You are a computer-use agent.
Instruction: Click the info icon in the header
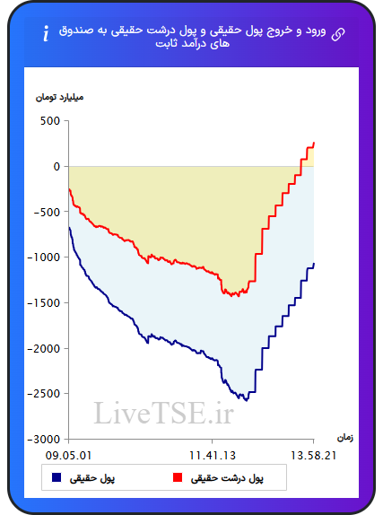tap(46, 33)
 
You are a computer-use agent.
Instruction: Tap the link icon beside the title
tap(338, 34)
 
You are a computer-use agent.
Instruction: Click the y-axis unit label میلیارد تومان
tap(59, 98)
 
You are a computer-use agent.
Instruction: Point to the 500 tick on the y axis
tap(50, 121)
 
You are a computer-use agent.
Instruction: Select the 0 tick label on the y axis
tap(57, 167)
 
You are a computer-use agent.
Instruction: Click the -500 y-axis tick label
tap(47, 212)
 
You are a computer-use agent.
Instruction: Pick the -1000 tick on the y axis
tap(44, 257)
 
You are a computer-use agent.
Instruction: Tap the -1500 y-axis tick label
tap(44, 303)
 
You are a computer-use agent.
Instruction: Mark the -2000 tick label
tap(44, 348)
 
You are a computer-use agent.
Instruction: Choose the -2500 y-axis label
tap(44, 394)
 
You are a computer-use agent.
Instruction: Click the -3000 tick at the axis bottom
tap(44, 439)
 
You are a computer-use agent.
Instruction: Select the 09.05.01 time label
tap(68, 456)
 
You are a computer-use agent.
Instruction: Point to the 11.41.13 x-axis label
tap(213, 456)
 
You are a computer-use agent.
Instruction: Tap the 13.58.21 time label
tap(313, 456)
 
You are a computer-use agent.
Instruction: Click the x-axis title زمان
tap(345, 438)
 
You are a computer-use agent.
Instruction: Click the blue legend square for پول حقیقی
tap(57, 477)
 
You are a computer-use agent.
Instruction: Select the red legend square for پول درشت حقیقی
tap(178, 477)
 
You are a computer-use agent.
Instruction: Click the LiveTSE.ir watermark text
tap(163, 413)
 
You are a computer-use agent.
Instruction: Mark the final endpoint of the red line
tap(314, 143)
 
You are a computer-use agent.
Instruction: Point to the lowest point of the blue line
tap(247, 401)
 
